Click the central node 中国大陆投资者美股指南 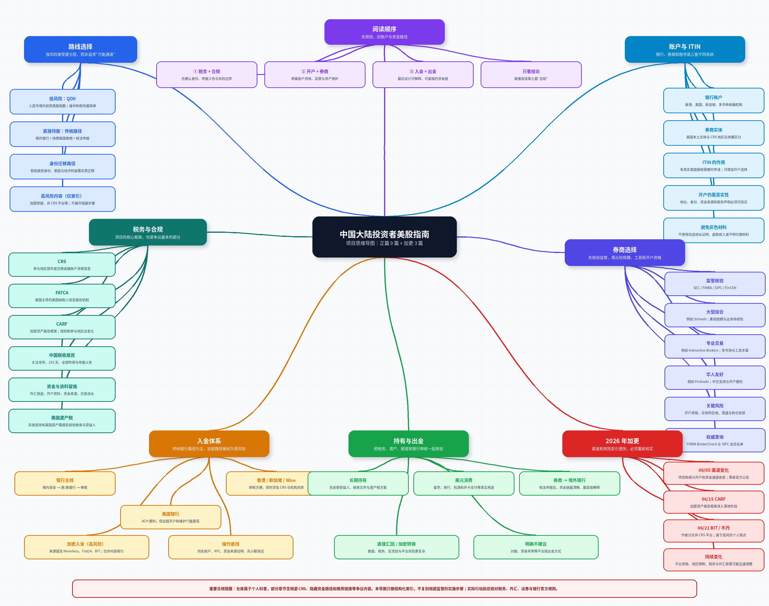384,237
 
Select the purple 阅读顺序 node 384,32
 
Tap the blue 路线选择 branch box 81,49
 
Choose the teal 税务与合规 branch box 148,232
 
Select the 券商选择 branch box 625,252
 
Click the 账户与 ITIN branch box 685,49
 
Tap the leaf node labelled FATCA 62,296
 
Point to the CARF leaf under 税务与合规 62,327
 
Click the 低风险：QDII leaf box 62,102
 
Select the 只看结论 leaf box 531,75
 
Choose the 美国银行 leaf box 171,517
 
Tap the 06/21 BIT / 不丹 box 714,531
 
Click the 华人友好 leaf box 715,378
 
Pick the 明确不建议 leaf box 536,547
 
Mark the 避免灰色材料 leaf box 714,230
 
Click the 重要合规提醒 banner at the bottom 384,589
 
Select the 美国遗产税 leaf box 62,421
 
